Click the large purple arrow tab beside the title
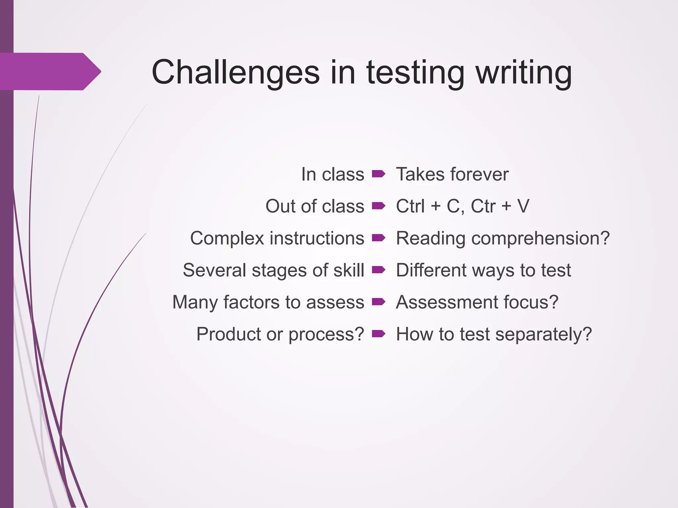[x=50, y=71]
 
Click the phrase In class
[x=332, y=174]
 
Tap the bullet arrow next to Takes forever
[x=378, y=174]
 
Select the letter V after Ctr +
[x=523, y=206]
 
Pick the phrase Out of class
[x=315, y=206]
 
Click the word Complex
[x=227, y=238]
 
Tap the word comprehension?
[x=540, y=238]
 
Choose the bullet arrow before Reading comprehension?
[x=378, y=238]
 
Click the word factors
[x=252, y=302]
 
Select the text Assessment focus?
[x=477, y=302]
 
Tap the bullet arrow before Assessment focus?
[x=378, y=302]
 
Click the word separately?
[x=543, y=334]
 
